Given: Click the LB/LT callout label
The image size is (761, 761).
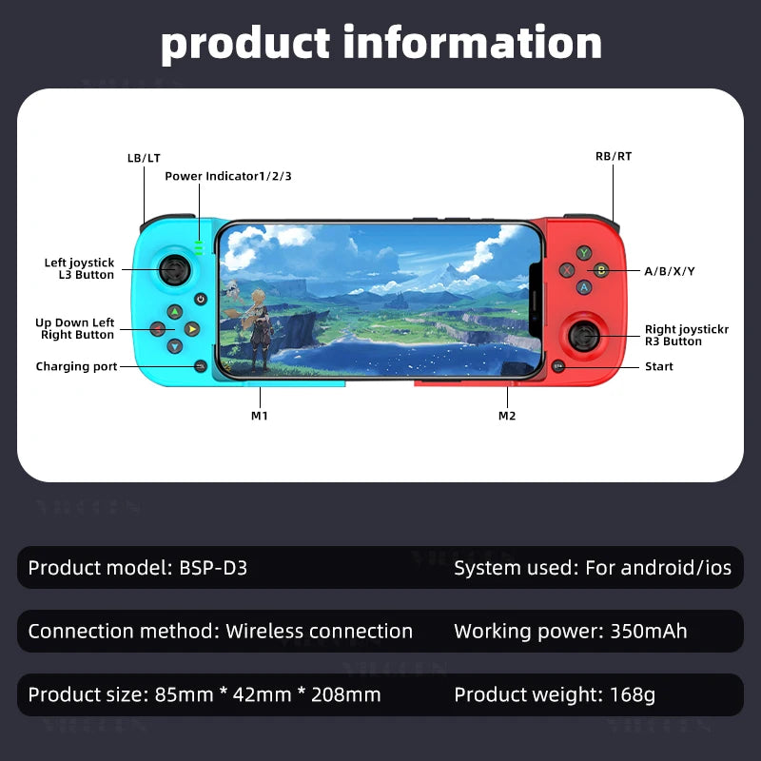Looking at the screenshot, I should pyautogui.click(x=144, y=157).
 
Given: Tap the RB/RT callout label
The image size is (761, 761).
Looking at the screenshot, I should pyautogui.click(x=613, y=156).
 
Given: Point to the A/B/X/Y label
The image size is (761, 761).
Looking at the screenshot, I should pyautogui.click(x=670, y=271).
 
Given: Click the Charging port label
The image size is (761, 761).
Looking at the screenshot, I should pyautogui.click(x=76, y=366).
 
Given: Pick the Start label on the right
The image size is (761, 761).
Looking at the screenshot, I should pyautogui.click(x=658, y=366).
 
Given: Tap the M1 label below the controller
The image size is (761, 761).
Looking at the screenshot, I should pyautogui.click(x=259, y=416).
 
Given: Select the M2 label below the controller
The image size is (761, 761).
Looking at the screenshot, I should pyautogui.click(x=507, y=416).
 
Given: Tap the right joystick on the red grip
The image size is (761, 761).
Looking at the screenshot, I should pyautogui.click(x=585, y=335).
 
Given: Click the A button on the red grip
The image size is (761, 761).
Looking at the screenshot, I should pyautogui.click(x=585, y=286).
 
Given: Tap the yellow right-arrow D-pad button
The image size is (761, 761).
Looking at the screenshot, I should pyautogui.click(x=192, y=329).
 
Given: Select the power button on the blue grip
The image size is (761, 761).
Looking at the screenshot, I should pyautogui.click(x=201, y=299).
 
